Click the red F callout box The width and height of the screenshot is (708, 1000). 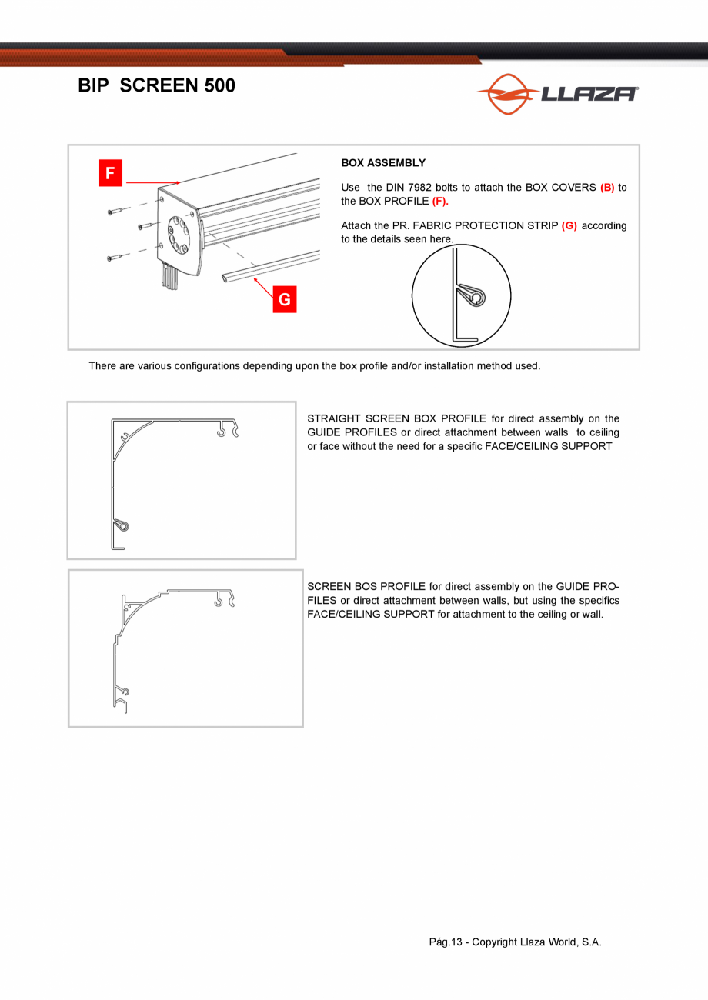(x=110, y=173)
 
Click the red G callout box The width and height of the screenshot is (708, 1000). (x=284, y=299)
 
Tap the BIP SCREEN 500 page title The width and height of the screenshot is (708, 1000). (x=156, y=86)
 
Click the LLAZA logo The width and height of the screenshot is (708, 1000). (x=556, y=94)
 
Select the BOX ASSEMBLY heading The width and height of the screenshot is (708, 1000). (x=383, y=163)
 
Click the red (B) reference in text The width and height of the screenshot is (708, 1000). (x=607, y=188)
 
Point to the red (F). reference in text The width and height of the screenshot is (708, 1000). (x=440, y=201)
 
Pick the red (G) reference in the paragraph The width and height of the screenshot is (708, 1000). (x=569, y=225)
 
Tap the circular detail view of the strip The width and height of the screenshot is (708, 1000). (x=461, y=297)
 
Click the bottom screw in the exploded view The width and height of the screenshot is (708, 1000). (x=115, y=257)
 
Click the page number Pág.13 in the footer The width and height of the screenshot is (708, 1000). (x=446, y=942)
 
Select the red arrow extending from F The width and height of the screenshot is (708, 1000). (x=152, y=182)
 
